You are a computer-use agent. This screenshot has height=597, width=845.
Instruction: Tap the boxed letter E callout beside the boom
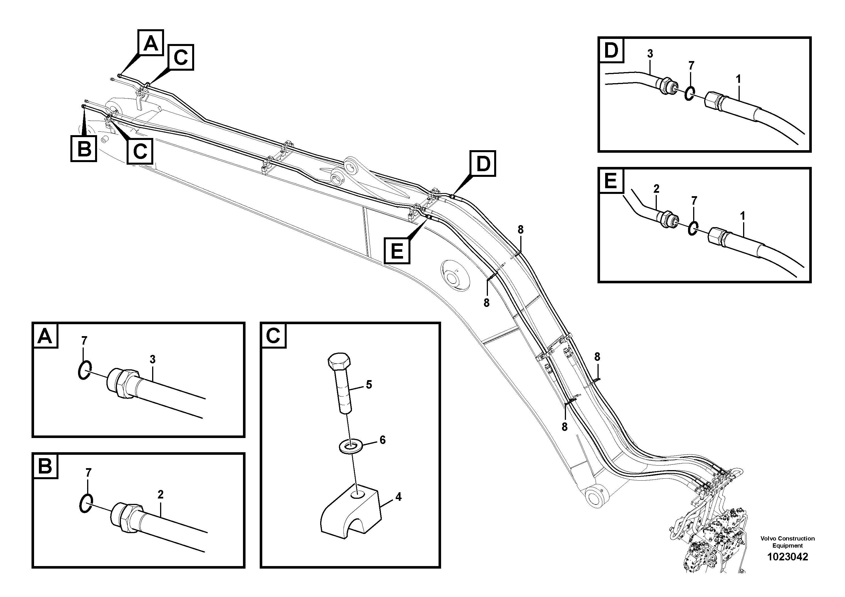tap(397, 251)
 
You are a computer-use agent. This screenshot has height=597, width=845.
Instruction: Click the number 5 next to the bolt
tap(369, 385)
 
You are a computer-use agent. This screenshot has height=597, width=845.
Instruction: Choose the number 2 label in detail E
tap(656, 189)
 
